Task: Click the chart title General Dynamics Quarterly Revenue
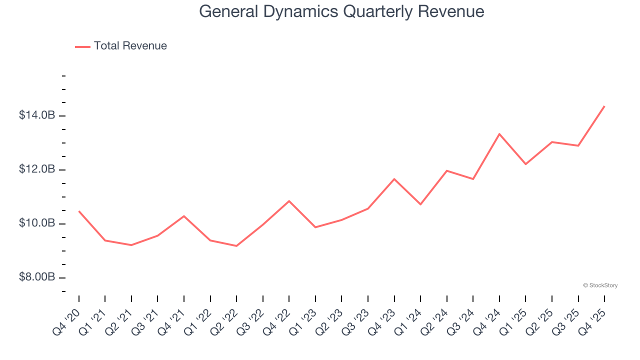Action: pyautogui.click(x=341, y=11)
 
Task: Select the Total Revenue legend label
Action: pyautogui.click(x=130, y=46)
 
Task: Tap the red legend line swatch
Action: pyautogui.click(x=82, y=46)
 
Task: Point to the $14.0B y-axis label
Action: pyautogui.click(x=36, y=115)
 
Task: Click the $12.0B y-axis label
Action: pyautogui.click(x=36, y=169)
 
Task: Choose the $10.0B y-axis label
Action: pyautogui.click(x=36, y=223)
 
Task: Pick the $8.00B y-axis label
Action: pyautogui.click(x=36, y=277)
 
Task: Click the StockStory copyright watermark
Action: pyautogui.click(x=600, y=285)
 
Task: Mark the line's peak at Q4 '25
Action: pyautogui.click(x=604, y=106)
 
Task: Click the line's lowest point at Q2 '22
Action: pyautogui.click(x=236, y=246)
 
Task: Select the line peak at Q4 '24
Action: pyautogui.click(x=499, y=133)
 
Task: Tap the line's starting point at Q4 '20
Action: pyautogui.click(x=79, y=211)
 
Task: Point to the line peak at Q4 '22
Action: pyautogui.click(x=289, y=201)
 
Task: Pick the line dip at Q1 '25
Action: pyautogui.click(x=525, y=164)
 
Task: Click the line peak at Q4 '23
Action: pyautogui.click(x=394, y=178)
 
